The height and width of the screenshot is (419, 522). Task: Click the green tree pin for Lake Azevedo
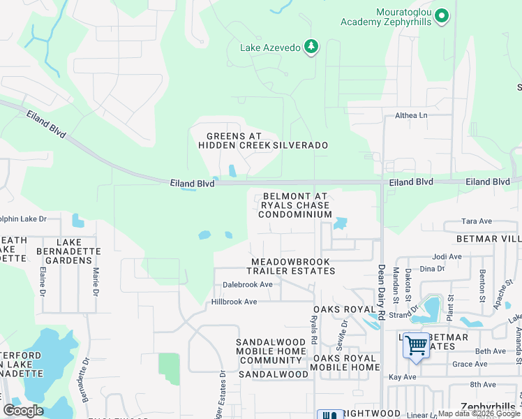[311, 47]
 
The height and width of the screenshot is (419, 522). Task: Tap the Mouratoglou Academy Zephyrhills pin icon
[441, 15]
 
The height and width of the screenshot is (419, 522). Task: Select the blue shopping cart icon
[416, 345]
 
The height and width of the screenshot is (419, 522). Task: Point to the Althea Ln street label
[411, 116]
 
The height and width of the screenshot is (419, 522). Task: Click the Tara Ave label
[477, 221]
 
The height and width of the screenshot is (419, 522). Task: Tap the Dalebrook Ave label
[247, 285]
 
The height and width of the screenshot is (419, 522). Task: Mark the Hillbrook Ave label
[234, 302]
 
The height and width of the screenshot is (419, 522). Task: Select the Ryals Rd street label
[314, 331]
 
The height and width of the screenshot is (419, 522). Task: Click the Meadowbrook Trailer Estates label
[293, 266]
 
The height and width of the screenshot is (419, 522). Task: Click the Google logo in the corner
[23, 411]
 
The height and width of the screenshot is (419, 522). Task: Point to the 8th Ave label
[482, 384]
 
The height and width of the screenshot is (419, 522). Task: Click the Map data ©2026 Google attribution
[478, 413]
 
